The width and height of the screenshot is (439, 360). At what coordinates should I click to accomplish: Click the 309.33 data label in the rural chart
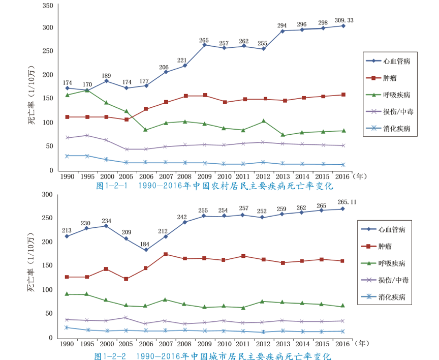click(x=344, y=20)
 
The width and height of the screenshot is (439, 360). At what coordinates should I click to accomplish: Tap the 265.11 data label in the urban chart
click(x=344, y=202)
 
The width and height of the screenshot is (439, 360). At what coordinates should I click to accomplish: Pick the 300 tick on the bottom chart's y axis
click(x=47, y=195)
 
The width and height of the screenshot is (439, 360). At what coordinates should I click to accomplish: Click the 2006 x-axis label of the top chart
click(x=146, y=177)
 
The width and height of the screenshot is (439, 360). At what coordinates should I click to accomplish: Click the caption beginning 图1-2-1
click(x=214, y=186)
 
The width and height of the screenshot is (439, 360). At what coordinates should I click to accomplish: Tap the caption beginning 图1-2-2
click(x=212, y=355)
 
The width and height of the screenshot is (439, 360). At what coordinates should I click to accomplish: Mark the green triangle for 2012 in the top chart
click(x=263, y=121)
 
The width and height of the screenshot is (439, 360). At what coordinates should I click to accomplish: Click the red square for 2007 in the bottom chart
click(x=166, y=254)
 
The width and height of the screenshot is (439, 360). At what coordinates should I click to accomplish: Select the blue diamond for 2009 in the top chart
click(x=204, y=45)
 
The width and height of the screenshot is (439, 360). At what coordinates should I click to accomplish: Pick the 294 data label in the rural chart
click(x=283, y=25)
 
